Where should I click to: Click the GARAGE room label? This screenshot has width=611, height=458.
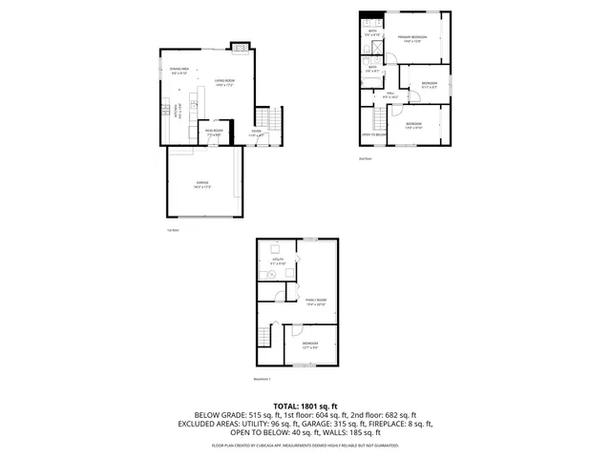tap(202, 183)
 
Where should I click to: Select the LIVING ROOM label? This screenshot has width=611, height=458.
tap(225, 83)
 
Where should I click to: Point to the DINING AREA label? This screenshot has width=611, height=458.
tap(179, 71)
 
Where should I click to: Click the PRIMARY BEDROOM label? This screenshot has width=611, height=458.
tap(413, 39)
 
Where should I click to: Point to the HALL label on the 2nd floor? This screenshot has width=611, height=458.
tap(390, 95)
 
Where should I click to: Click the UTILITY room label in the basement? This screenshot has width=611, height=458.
tap(278, 260)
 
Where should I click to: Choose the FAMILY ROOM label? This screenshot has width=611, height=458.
tap(315, 302)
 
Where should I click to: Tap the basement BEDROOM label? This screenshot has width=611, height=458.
tap(310, 344)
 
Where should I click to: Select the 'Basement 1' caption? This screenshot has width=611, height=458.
tap(263, 380)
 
